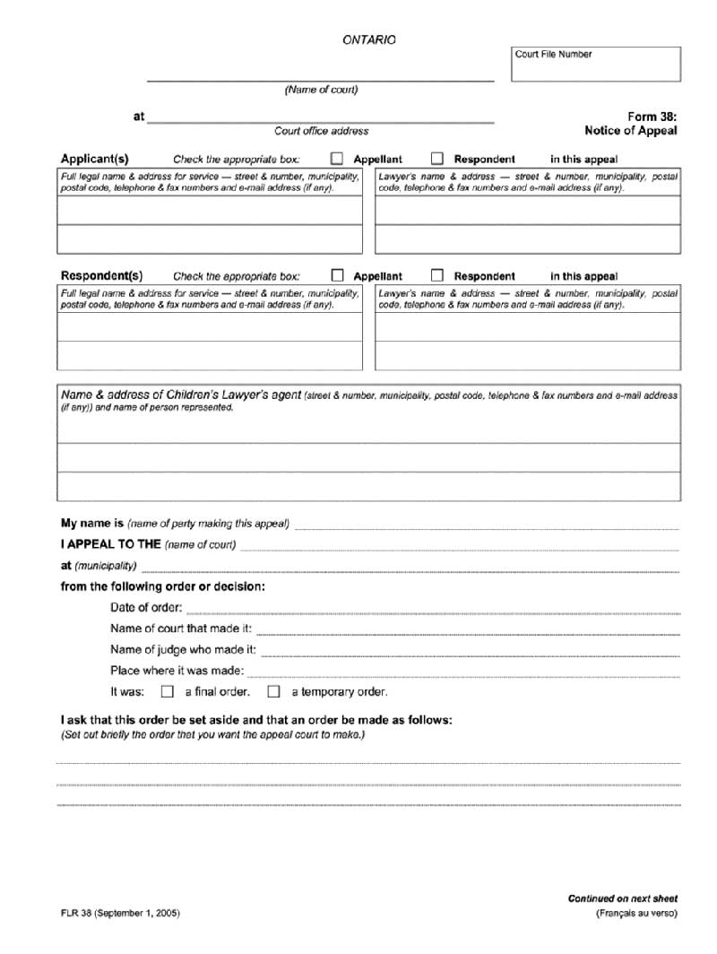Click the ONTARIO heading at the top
tap(368, 40)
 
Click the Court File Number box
tap(595, 64)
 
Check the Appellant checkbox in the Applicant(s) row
tap(338, 159)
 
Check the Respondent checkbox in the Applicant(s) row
tap(437, 159)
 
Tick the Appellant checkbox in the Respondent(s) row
tap(338, 275)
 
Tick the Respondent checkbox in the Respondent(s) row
tap(437, 275)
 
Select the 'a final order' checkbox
tap(167, 691)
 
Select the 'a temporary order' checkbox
tap(273, 691)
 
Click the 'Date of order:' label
tap(146, 608)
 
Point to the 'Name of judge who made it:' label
tap(184, 649)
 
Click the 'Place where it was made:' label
tap(177, 671)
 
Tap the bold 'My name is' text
tap(91, 523)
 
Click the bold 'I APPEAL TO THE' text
tap(110, 543)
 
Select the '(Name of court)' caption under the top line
tap(321, 90)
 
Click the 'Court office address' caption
tap(321, 131)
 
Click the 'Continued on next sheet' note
tap(622, 898)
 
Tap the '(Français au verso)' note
tap(636, 913)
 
